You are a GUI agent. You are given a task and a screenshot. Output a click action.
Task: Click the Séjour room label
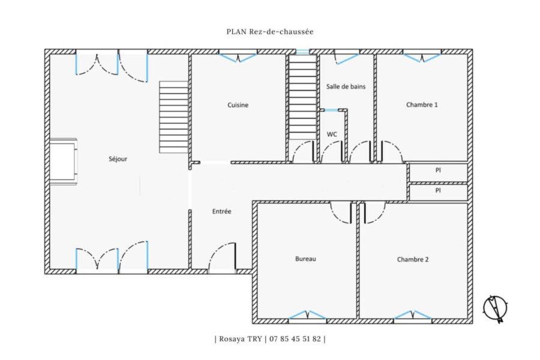[118, 159]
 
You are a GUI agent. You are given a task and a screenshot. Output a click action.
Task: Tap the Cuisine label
[238, 105]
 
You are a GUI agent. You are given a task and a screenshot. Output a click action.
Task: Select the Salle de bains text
[346, 86]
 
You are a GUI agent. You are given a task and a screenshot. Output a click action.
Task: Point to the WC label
[332, 134]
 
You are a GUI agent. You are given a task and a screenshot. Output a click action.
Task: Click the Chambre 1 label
[422, 105]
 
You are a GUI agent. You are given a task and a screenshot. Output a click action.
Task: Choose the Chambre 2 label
[413, 259]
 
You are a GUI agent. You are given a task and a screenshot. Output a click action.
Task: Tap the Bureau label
[305, 259]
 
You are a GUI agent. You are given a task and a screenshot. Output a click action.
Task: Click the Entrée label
[221, 212]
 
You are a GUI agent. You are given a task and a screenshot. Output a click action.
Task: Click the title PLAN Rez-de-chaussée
[270, 32]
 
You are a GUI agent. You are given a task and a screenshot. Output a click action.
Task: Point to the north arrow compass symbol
[495, 308]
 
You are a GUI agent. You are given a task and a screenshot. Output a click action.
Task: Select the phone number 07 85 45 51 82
[295, 338]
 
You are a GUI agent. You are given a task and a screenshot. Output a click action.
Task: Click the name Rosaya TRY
[241, 338]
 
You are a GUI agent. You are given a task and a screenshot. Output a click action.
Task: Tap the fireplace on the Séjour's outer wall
[64, 161]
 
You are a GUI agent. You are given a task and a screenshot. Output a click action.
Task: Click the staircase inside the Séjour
[173, 117]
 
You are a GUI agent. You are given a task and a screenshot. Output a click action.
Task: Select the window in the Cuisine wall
[238, 57]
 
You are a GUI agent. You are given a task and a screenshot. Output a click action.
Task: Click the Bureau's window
[307, 315]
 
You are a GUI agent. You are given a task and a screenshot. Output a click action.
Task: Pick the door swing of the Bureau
[341, 213]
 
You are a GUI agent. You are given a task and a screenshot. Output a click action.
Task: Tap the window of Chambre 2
[413, 315]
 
